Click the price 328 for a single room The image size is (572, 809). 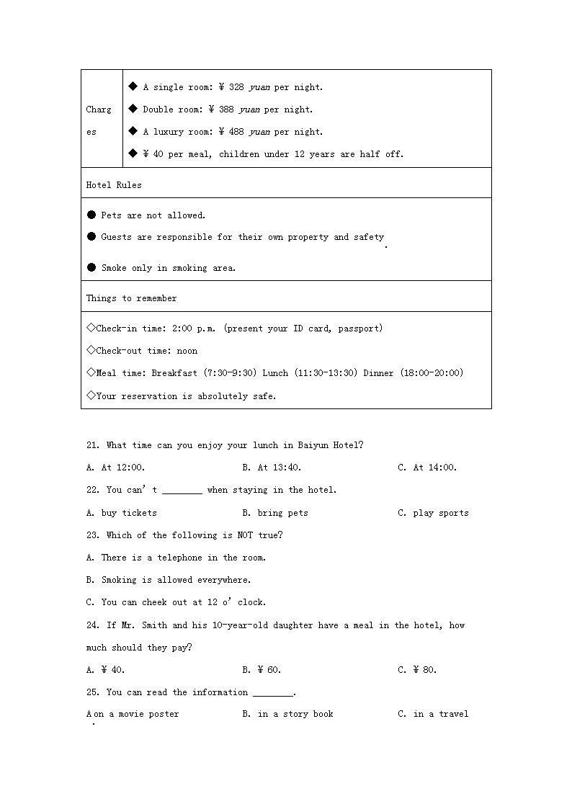point(236,87)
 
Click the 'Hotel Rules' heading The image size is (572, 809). point(114,185)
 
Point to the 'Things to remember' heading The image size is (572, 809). point(131,298)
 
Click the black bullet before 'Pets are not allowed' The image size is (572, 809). point(91,215)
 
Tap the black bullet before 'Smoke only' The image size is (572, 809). point(91,268)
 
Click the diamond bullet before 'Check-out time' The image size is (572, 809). point(91,351)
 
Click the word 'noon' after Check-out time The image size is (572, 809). point(187,351)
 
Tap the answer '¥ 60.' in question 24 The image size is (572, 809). point(269,670)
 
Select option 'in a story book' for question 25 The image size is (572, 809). point(295,714)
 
